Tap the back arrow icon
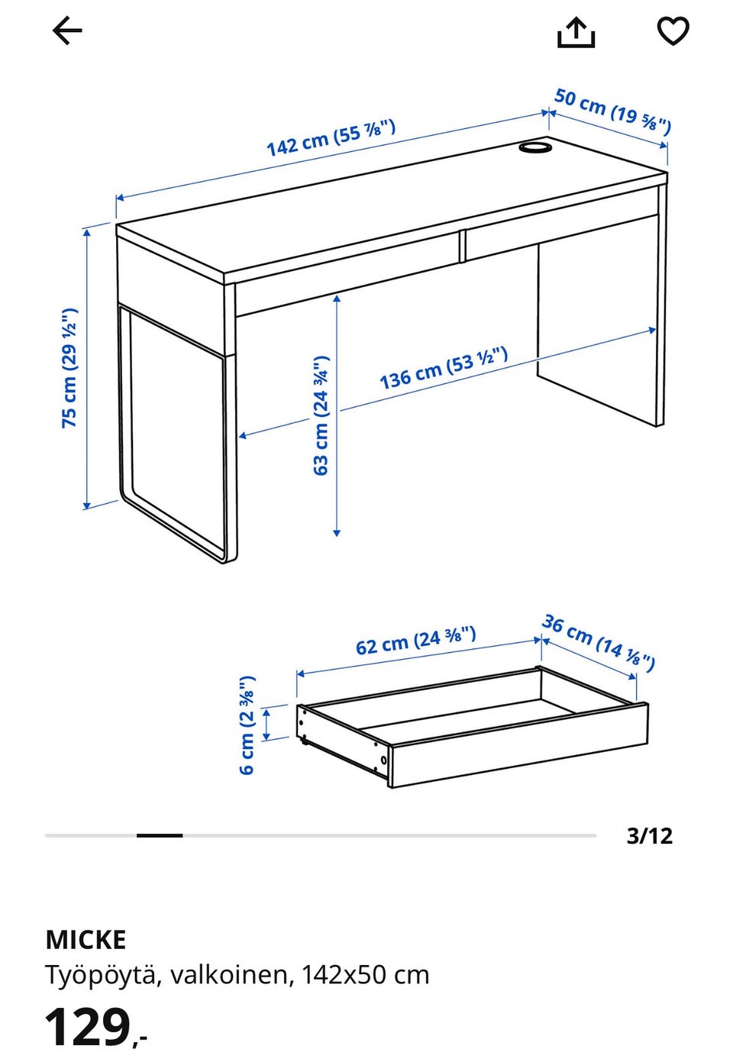pyautogui.click(x=67, y=31)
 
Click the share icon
pyautogui.click(x=576, y=32)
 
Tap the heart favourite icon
pyautogui.click(x=673, y=31)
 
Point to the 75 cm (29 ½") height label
pyautogui.click(x=69, y=368)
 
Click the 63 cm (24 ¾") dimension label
pyautogui.click(x=321, y=415)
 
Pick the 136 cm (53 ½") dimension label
pyautogui.click(x=444, y=367)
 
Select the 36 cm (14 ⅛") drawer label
pyautogui.click(x=599, y=643)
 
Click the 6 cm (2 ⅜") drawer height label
pyautogui.click(x=247, y=725)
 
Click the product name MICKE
pyautogui.click(x=86, y=940)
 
